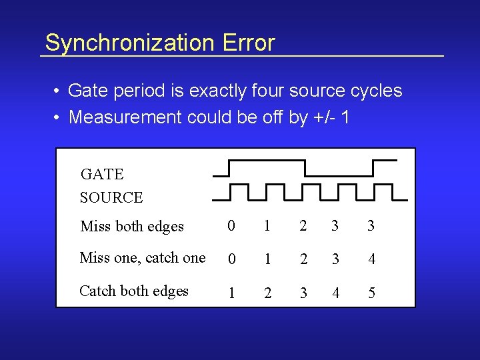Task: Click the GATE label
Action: (x=102, y=175)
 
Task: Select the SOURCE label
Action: (x=111, y=197)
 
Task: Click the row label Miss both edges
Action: (x=132, y=227)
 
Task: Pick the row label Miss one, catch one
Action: (x=143, y=258)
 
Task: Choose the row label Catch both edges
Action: (x=134, y=291)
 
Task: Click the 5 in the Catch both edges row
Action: (x=371, y=293)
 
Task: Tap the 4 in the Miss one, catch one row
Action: (x=371, y=259)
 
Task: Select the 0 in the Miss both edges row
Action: (x=231, y=227)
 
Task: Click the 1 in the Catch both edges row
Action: (x=231, y=293)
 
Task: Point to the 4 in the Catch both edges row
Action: (x=335, y=293)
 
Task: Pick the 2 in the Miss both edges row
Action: (x=303, y=227)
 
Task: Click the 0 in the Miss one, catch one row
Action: (x=231, y=259)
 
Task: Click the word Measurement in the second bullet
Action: (x=125, y=117)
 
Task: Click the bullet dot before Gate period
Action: (x=59, y=91)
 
